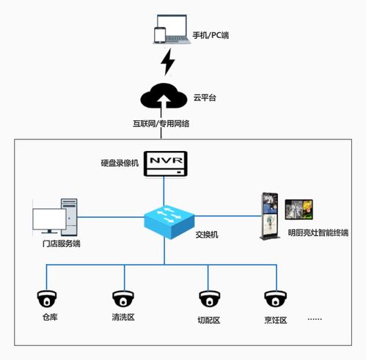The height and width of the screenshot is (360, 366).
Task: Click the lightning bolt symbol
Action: (168, 62)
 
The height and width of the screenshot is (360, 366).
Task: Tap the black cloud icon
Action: (164, 96)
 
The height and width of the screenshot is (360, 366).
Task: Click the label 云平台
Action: (205, 98)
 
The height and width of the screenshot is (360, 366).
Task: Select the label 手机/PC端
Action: (211, 35)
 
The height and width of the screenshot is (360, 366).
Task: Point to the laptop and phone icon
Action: (172, 29)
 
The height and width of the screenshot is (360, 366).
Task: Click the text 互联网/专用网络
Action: (161, 123)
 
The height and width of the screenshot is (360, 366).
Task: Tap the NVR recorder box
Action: (166, 164)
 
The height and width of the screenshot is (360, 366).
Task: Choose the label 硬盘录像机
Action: (120, 163)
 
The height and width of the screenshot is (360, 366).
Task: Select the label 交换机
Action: (207, 235)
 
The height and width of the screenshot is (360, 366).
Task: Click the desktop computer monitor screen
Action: (49, 219)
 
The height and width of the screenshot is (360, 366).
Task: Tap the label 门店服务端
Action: (61, 243)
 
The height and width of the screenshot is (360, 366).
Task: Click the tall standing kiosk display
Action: (270, 216)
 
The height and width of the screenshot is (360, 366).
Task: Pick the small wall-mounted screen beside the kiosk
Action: (299, 210)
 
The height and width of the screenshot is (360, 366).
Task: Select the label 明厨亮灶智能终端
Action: (318, 232)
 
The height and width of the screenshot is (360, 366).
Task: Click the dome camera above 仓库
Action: (47, 298)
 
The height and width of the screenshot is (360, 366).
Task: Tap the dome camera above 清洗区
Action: (123, 298)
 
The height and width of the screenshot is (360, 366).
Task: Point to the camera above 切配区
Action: (209, 298)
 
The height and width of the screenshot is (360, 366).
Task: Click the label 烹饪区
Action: (276, 320)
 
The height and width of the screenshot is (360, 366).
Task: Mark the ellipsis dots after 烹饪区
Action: (315, 319)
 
